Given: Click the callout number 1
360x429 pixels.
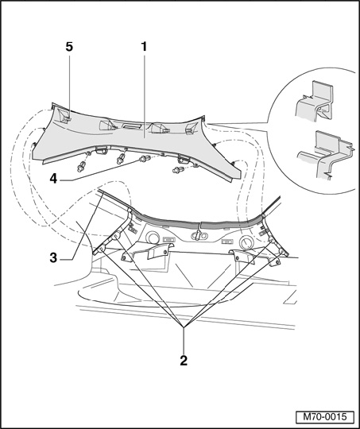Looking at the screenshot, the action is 144,47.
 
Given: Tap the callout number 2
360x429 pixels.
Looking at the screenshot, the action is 184,361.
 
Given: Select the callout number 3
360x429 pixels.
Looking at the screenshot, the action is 53,257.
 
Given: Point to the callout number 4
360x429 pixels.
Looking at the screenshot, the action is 53,179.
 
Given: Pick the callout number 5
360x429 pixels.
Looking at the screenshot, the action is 69,47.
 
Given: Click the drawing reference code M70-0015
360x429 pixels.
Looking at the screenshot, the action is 325,417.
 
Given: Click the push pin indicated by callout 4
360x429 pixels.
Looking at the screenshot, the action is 145,158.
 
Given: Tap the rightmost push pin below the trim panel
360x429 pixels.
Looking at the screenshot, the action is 178,170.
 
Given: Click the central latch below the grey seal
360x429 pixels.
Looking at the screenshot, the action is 198,234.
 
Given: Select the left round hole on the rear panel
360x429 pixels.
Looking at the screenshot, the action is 153,238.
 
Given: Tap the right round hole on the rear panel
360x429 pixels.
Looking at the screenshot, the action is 246,242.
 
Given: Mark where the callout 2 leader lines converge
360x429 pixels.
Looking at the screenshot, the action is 184,327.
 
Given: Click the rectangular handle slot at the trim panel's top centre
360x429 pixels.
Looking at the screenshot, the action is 133,126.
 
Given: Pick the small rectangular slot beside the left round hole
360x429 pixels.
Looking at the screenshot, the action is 168,239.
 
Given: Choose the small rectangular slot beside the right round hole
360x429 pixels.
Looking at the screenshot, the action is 227,242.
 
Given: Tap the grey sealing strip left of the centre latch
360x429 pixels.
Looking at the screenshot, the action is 165,219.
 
